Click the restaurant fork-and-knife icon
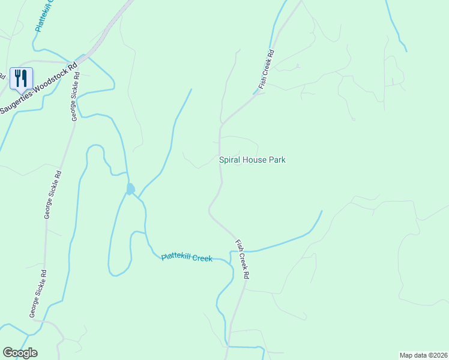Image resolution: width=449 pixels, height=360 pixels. [21, 78]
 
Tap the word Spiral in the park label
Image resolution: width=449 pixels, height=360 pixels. [231, 160]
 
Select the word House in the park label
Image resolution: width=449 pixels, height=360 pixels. [256, 160]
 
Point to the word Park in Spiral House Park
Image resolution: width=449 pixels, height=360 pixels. [277, 160]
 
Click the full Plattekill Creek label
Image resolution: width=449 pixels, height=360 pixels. [187, 257]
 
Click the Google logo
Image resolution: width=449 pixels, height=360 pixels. [20, 353]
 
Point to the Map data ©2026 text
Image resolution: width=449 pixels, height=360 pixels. [423, 355]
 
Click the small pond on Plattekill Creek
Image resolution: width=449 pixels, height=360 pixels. [130, 189]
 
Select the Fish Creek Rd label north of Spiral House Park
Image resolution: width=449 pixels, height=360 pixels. [266, 70]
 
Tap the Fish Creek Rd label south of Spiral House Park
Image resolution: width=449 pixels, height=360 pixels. [242, 260]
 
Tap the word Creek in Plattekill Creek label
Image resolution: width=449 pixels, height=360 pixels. [202, 259]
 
